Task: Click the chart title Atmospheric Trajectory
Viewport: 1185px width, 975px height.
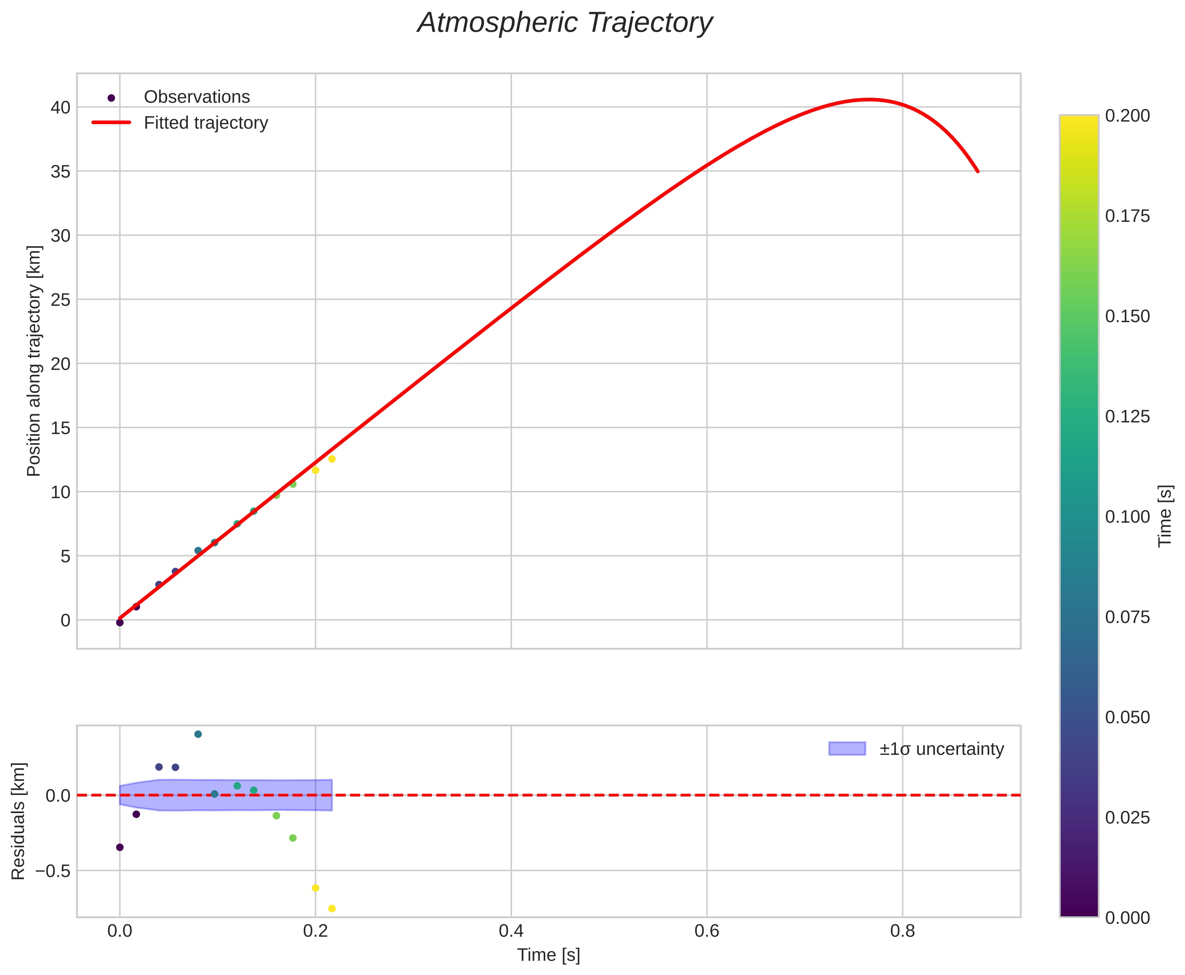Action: point(565,23)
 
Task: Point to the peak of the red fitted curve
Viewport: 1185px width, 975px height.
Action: point(868,99)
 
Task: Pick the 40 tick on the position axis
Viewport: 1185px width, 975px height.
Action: point(61,107)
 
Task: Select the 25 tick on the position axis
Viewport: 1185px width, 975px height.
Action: point(61,300)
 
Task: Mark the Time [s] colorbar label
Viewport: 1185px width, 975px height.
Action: point(1165,516)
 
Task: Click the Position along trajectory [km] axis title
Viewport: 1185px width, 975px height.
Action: point(34,361)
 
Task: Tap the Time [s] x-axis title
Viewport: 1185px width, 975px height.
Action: point(548,955)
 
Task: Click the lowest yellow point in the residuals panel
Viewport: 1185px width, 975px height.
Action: point(332,909)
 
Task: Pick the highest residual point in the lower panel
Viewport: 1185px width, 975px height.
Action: point(197,734)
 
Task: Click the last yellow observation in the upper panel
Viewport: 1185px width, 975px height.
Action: point(332,459)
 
